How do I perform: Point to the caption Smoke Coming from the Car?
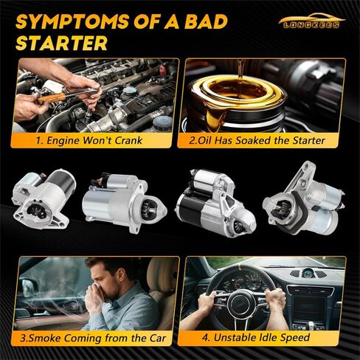tap(96, 339)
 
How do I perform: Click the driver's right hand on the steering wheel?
tap(275, 296)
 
